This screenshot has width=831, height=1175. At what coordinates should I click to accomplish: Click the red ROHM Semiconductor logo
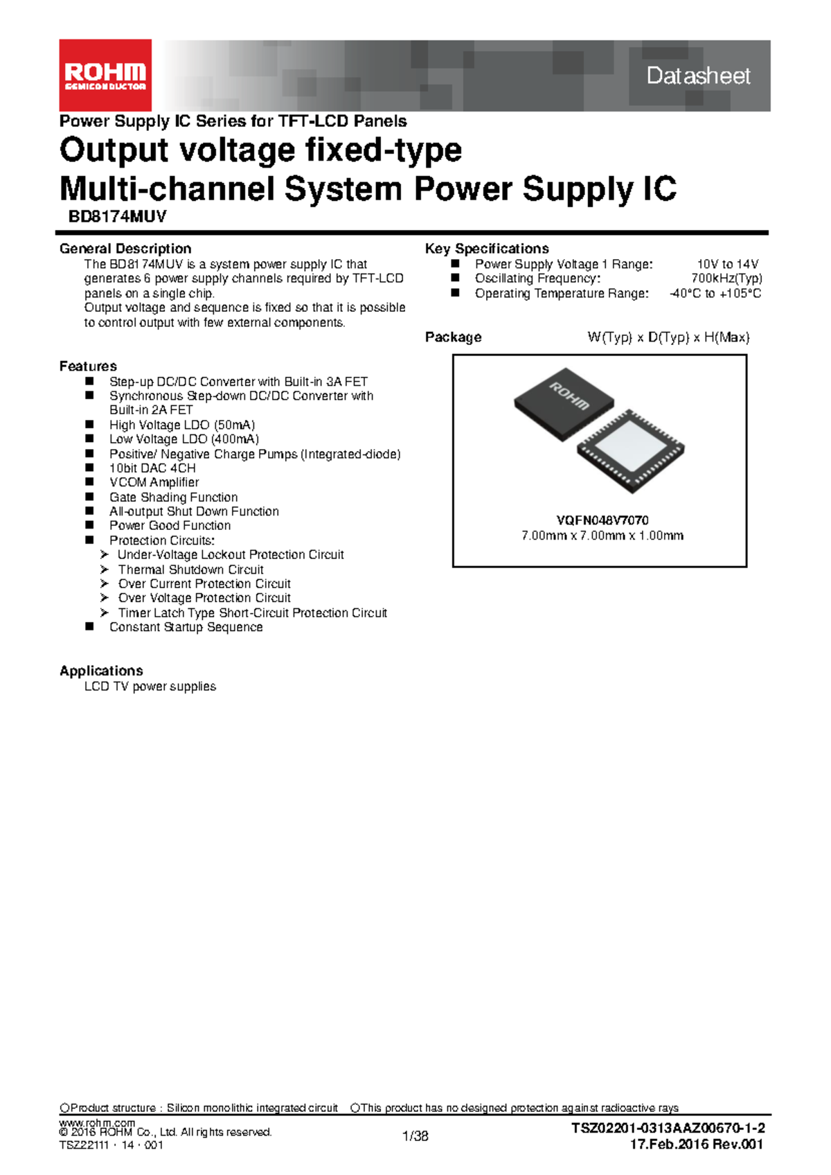(105, 75)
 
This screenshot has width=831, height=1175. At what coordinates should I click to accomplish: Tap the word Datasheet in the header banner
(698, 76)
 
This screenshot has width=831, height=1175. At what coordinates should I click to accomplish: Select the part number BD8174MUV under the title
(118, 217)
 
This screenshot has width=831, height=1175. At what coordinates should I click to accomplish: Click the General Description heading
(125, 249)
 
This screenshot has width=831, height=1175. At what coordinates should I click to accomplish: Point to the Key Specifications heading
(487, 249)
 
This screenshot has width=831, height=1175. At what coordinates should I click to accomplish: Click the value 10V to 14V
(727, 265)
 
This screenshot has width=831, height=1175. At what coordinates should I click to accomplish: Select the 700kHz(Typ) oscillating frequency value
(726, 279)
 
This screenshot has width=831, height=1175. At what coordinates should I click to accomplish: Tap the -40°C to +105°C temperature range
(715, 293)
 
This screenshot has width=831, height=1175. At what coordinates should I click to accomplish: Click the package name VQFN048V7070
(602, 520)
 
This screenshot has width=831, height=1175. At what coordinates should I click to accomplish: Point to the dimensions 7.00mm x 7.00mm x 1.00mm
(602, 536)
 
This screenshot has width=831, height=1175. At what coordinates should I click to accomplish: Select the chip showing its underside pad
(631, 451)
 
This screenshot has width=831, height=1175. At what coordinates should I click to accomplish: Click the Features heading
(88, 366)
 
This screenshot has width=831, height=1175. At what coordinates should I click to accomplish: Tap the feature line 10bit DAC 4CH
(152, 468)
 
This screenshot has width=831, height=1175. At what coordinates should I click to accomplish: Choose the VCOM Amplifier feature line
(154, 482)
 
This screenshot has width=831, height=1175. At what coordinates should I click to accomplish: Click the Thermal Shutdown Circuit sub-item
(191, 569)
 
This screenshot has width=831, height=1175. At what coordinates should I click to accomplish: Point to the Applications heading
(101, 671)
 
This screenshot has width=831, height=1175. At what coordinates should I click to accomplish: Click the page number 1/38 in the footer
(415, 1136)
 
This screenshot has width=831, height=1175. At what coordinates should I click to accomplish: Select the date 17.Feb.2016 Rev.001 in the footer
(696, 1144)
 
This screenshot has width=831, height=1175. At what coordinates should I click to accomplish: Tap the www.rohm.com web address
(97, 1122)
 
